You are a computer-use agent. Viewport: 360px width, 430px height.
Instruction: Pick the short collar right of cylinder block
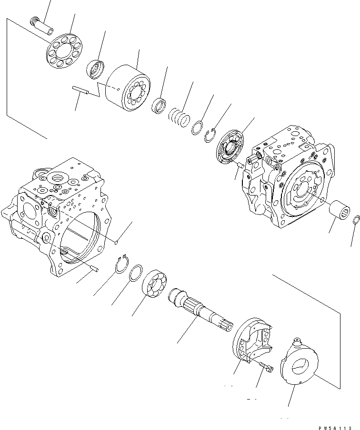pos(158,105)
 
